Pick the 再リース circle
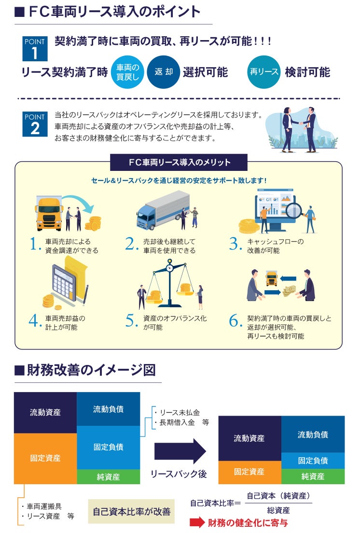point(263,72)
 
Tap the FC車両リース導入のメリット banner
point(179,162)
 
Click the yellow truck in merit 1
point(49,213)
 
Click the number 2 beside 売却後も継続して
point(131,244)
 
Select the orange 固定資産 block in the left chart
point(45,458)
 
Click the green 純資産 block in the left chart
point(108,477)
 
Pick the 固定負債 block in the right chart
point(313,460)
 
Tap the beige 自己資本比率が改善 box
point(131,511)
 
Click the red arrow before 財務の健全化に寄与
point(197,523)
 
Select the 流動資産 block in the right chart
point(249,438)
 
